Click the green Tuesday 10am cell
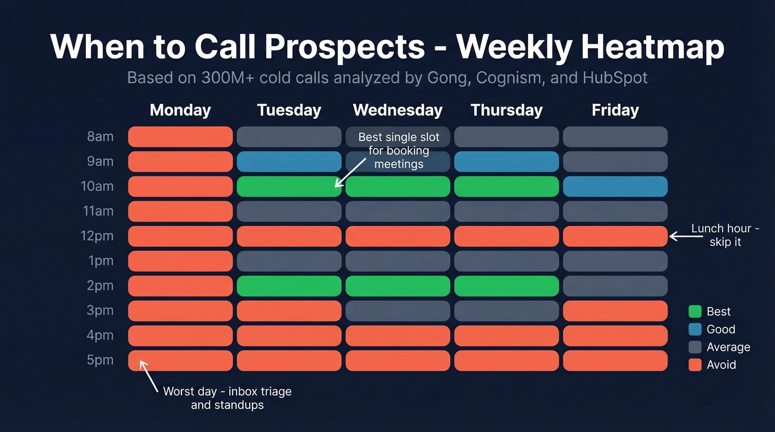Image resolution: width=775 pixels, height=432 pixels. [289, 186]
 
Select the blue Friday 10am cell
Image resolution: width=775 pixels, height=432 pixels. [615, 186]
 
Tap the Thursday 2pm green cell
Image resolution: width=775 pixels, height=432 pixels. [507, 286]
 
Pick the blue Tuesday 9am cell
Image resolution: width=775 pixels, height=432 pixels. [289, 162]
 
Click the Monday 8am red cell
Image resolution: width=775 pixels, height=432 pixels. [180, 137]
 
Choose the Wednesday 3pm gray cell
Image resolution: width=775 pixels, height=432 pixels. [397, 311]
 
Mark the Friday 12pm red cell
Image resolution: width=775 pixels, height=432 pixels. [615, 236]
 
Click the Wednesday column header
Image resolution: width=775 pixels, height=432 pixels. [397, 110]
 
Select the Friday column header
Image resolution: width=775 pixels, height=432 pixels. [615, 110]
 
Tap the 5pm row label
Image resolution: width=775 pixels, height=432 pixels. [100, 360]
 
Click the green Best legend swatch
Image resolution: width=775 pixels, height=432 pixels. [695, 311]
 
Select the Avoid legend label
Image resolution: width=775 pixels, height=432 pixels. [721, 365]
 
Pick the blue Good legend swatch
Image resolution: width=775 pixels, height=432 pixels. [695, 329]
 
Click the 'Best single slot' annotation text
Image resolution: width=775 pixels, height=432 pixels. [399, 150]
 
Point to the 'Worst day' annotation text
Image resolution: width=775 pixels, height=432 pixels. [227, 398]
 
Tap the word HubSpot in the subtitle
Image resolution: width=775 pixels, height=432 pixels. [615, 77]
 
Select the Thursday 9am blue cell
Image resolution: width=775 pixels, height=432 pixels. [507, 162]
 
